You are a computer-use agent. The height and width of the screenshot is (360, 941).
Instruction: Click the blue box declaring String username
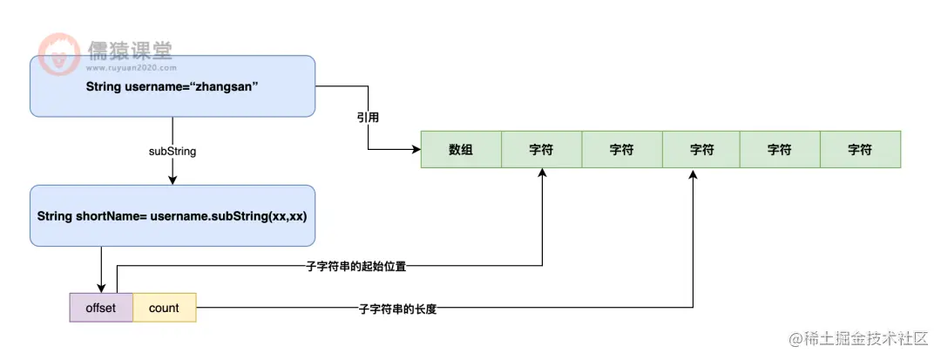pos(172,86)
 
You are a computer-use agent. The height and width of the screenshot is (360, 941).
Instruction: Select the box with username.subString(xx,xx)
pos(172,215)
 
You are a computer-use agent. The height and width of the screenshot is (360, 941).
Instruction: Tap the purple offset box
pos(101,308)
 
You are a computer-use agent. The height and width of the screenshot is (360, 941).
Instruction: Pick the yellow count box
pos(164,308)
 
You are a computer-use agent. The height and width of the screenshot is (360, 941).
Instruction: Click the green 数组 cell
pos(461,149)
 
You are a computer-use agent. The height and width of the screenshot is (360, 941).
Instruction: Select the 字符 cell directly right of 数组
pos(541,149)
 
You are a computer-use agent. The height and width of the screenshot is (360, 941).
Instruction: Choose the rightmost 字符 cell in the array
pos(860,149)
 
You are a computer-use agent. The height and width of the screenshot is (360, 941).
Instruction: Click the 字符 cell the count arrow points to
pos(701,149)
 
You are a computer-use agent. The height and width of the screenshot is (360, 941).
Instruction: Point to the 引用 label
pos(368,116)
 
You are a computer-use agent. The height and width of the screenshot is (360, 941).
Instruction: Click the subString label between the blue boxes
pos(173,151)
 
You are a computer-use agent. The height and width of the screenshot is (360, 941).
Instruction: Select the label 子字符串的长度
pos(397,309)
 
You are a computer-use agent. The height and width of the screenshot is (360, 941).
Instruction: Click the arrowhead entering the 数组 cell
pos(415,149)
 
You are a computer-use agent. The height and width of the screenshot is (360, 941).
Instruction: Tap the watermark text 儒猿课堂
pos(130,51)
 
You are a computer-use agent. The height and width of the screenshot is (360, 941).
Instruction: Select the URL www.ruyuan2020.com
pos(131,67)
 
